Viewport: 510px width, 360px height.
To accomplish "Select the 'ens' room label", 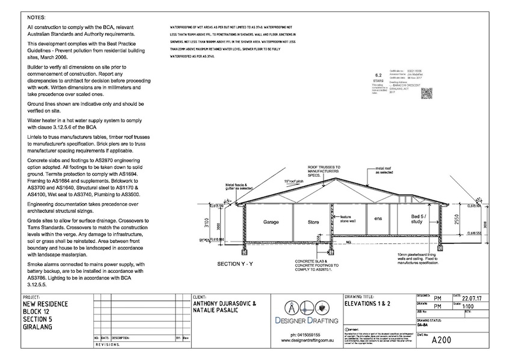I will (x=378, y=218).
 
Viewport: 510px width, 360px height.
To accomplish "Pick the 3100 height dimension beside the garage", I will (x=206, y=223).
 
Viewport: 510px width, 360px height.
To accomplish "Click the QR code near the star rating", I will (x=426, y=93).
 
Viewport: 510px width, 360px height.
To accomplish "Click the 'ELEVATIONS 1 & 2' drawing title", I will (x=369, y=304).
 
